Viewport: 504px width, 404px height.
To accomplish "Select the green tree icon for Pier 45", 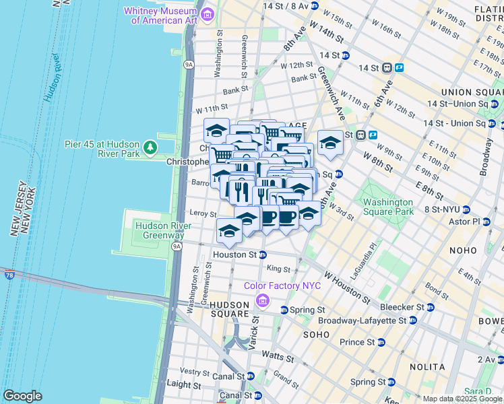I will [150, 147].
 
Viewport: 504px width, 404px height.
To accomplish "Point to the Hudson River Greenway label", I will [160, 230].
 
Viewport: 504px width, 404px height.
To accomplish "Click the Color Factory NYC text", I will [282, 285].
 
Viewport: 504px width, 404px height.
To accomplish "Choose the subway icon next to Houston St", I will [263, 255].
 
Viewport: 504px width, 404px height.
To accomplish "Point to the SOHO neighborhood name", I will [316, 334].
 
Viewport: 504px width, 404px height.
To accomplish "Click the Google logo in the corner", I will [22, 395].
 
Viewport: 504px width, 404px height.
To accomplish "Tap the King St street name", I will [278, 268].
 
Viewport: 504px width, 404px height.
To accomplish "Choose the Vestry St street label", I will [195, 371].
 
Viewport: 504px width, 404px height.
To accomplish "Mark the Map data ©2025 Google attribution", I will [462, 399].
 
